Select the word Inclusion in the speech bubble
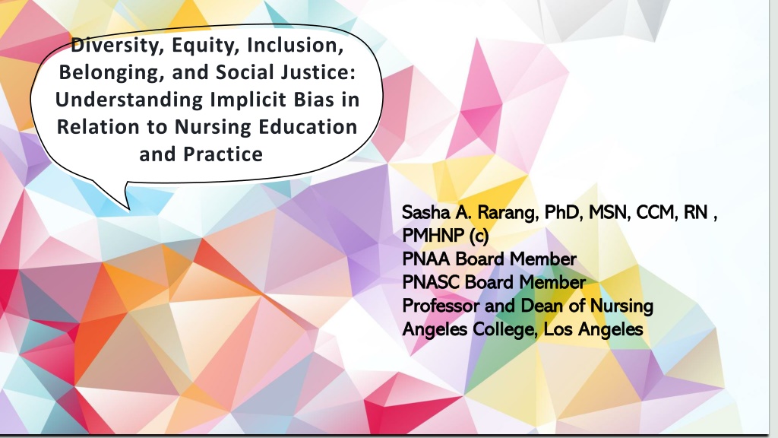click(x=296, y=45)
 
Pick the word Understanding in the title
click(x=129, y=100)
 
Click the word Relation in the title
click(x=98, y=127)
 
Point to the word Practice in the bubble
click(x=223, y=154)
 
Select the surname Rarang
click(x=507, y=213)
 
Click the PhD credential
click(x=562, y=212)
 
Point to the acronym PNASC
click(x=431, y=282)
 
